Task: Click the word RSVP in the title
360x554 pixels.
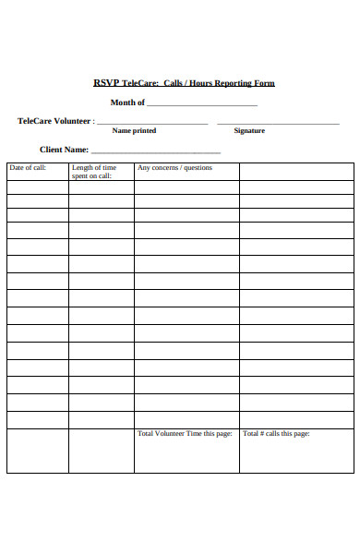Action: (105, 84)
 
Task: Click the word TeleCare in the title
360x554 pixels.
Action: (139, 84)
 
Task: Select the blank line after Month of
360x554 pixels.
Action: (202, 105)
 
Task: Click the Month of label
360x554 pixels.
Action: (127, 102)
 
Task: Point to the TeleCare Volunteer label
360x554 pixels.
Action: (55, 121)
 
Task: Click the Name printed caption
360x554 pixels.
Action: (135, 131)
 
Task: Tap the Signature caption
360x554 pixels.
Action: (249, 131)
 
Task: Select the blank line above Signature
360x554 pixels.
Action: (278, 123)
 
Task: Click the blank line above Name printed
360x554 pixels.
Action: (152, 123)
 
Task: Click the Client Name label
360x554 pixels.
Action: (64, 150)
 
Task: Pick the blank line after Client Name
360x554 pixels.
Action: (156, 151)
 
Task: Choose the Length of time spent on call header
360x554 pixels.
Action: (94, 172)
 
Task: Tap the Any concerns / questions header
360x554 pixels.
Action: (174, 168)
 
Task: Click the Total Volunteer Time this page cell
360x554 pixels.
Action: (185, 434)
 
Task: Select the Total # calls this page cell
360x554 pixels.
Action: (276, 434)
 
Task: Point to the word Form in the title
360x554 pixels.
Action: (266, 84)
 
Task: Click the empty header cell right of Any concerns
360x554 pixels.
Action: (296, 172)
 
